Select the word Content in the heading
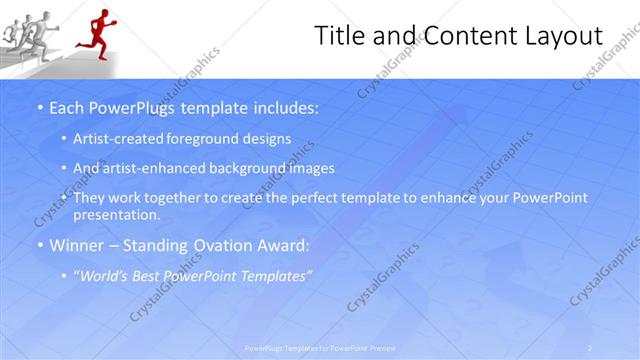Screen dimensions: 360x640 pyautogui.click(x=460, y=37)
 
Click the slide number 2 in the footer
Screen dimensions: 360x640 pyautogui.click(x=589, y=347)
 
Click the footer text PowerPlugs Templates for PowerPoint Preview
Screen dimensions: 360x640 pyautogui.click(x=320, y=347)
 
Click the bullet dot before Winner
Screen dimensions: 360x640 pyautogui.click(x=39, y=245)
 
